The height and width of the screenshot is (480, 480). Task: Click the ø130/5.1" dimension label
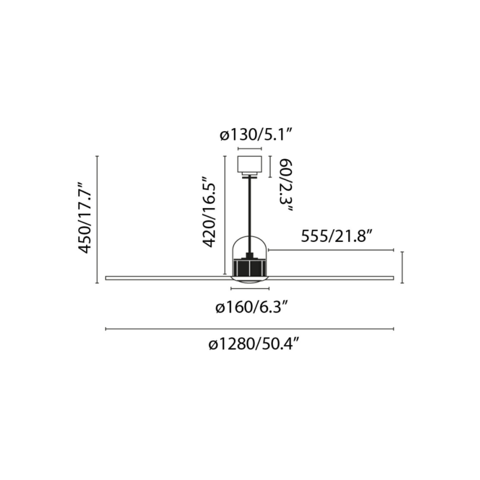tap(256, 135)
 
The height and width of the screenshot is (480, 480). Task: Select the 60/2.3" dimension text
tap(286, 185)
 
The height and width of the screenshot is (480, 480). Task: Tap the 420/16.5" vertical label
tap(209, 212)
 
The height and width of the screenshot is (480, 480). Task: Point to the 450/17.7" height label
tap(85, 218)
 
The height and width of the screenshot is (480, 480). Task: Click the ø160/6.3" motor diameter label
tap(252, 307)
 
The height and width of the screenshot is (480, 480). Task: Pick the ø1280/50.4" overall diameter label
tap(254, 345)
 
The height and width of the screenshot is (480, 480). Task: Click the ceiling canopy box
tap(250, 164)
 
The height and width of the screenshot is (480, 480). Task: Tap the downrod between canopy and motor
tap(250, 214)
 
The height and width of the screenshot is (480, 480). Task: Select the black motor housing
tap(250, 268)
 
